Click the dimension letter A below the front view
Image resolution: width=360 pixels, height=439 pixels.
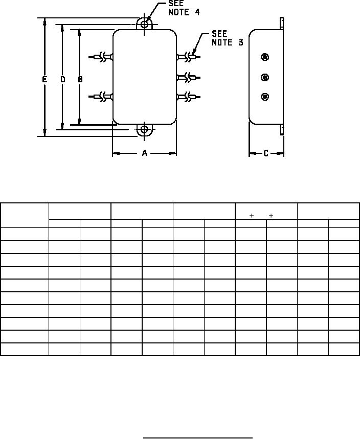[x=145, y=153]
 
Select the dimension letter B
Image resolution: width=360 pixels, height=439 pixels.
[x=80, y=80]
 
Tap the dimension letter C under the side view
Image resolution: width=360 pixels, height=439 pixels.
[x=266, y=153]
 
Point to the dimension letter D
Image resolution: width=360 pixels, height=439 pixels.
[x=63, y=80]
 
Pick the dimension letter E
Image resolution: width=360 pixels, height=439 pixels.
[x=44, y=80]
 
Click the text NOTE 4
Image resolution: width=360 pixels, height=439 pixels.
[x=184, y=12]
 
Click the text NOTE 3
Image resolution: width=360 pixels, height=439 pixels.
[x=228, y=42]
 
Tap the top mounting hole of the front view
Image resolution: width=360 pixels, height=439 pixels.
[x=144, y=24]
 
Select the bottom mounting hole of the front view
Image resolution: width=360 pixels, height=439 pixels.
[x=144, y=129]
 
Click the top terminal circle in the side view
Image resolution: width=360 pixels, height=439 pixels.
[x=265, y=57]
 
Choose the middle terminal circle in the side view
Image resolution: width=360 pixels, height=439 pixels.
[x=265, y=77]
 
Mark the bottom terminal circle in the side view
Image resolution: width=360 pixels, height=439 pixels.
[x=265, y=97]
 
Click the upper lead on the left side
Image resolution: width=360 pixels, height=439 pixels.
[x=101, y=57]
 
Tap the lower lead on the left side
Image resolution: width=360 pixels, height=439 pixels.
[x=101, y=97]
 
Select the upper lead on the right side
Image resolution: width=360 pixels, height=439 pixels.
[x=189, y=57]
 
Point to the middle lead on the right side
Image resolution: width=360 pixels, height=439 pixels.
[x=189, y=77]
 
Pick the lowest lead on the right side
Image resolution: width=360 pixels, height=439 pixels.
[x=189, y=97]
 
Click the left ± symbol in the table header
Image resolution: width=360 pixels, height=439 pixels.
[x=252, y=216]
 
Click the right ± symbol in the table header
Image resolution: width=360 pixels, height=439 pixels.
[x=271, y=216]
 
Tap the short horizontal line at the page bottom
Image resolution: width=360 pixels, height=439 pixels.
[x=198, y=437]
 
